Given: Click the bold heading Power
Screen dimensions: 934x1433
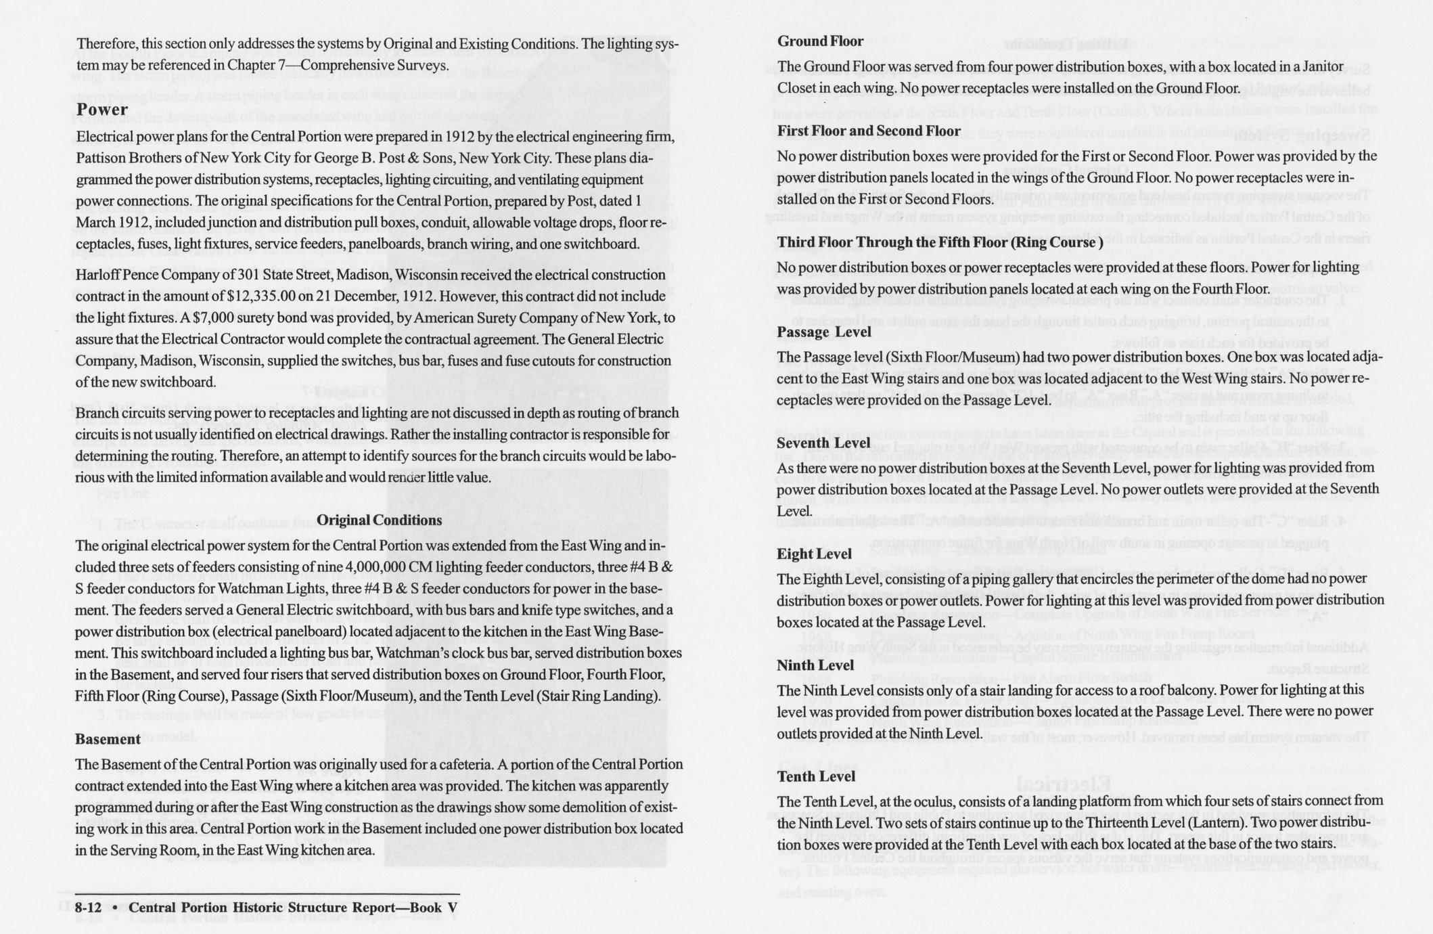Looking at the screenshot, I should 101,110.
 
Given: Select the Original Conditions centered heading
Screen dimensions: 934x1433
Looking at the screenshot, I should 379,520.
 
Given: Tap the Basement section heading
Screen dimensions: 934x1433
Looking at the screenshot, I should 108,739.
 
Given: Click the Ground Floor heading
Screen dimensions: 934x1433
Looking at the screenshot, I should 820,41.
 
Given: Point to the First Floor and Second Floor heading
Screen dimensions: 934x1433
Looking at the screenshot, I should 869,131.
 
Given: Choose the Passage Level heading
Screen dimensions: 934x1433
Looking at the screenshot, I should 823,332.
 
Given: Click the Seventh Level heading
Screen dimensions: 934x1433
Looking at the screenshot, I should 823,443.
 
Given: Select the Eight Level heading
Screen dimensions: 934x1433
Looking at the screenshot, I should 814,554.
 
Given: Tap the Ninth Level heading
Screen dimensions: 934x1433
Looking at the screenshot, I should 815,665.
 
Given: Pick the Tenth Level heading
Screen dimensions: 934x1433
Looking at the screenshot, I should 816,776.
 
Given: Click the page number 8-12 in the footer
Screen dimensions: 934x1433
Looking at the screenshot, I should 93,908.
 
